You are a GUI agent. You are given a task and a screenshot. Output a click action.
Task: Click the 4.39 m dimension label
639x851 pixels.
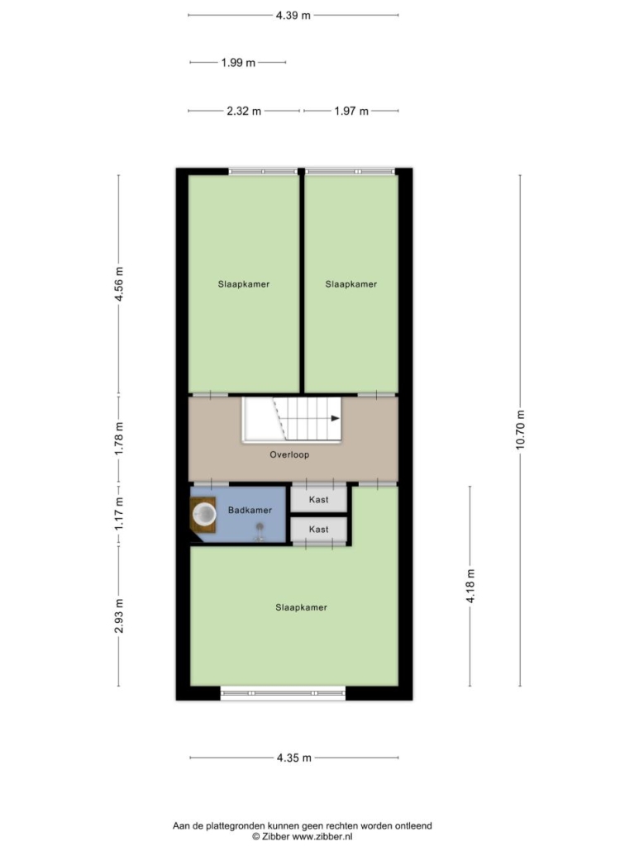click(x=293, y=15)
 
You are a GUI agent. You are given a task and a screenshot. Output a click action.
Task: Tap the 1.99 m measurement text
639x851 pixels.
click(x=238, y=63)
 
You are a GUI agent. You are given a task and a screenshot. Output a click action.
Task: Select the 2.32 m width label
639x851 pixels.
click(x=244, y=111)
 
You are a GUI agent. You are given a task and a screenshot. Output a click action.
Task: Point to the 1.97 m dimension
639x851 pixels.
click(x=351, y=111)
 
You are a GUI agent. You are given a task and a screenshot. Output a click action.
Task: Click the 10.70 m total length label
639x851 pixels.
click(x=521, y=430)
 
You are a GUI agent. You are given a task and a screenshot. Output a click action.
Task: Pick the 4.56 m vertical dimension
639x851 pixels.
click(x=119, y=284)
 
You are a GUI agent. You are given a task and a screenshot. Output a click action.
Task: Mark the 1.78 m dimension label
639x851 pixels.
click(x=119, y=439)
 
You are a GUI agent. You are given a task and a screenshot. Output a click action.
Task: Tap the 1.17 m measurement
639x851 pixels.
click(x=119, y=515)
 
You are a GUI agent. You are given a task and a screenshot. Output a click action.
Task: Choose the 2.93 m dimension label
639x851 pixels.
click(x=119, y=616)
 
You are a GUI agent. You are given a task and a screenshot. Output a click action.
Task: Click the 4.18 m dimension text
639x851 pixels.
click(x=470, y=586)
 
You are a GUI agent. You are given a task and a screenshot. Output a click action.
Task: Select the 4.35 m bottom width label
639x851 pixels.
click(x=293, y=758)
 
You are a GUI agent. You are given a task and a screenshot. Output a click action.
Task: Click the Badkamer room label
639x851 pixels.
click(x=250, y=510)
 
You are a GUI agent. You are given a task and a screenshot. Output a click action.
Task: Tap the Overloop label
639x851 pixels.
click(x=289, y=454)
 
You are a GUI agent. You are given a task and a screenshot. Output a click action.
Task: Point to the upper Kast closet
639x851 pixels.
click(x=319, y=499)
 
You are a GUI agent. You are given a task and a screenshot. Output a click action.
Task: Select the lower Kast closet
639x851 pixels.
click(x=319, y=529)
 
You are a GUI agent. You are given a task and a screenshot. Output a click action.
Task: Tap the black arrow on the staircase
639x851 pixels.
click(x=335, y=418)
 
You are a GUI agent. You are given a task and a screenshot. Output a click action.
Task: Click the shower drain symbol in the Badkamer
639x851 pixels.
click(x=260, y=526)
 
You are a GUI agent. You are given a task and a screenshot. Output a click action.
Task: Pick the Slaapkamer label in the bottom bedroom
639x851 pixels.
click(x=301, y=607)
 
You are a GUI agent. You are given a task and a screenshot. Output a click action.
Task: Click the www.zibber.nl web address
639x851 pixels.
click(x=322, y=836)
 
